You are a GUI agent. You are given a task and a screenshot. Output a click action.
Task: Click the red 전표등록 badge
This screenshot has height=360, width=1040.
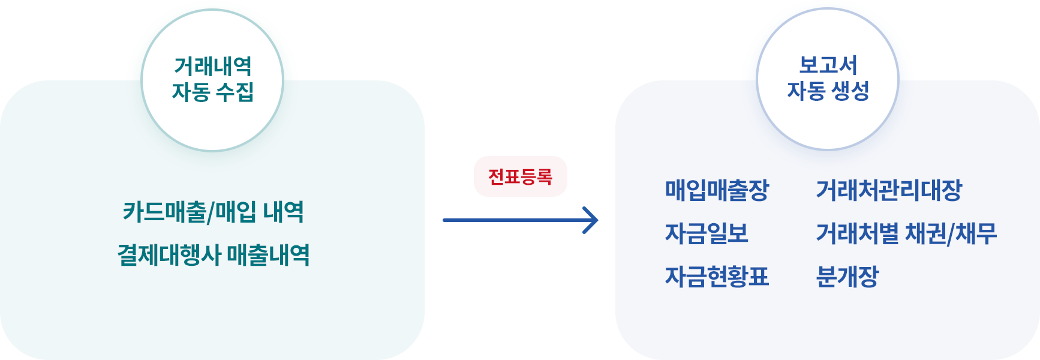click(x=520, y=176)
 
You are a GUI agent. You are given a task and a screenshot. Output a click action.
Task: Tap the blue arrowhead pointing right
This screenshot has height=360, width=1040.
click(x=591, y=220)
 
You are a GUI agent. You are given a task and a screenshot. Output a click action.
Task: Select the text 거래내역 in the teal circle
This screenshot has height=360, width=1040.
click(x=213, y=66)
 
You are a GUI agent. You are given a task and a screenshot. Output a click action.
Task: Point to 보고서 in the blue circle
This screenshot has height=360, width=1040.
click(x=828, y=65)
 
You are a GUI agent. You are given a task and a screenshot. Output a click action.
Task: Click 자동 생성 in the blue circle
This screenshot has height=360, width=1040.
click(x=828, y=91)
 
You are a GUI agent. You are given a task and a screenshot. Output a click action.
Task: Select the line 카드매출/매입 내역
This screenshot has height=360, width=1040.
click(x=213, y=212)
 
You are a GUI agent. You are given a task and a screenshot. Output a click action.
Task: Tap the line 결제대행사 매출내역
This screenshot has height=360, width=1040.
click(x=213, y=255)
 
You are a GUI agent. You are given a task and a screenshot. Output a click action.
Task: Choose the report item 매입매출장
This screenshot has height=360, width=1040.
click(x=717, y=190)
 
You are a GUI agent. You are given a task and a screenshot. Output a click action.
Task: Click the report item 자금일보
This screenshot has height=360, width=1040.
click(x=707, y=233)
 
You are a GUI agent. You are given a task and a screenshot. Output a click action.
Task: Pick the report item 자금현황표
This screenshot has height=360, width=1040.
click(x=717, y=277)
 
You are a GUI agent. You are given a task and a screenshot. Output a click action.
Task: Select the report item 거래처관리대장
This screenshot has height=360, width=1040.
click(x=889, y=190)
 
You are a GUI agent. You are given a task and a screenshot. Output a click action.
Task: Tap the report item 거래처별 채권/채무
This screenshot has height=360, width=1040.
click(x=906, y=233)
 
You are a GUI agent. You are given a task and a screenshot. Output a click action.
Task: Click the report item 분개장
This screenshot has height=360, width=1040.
click(x=847, y=277)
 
